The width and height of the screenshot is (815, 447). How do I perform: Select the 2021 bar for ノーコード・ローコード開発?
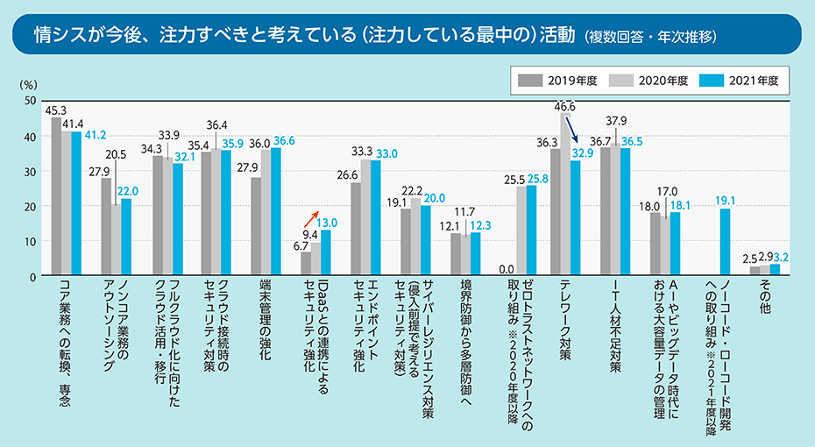coord(726,242)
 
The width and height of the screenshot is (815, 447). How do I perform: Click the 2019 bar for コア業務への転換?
coord(56,196)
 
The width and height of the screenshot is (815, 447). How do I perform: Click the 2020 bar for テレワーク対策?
coord(565,195)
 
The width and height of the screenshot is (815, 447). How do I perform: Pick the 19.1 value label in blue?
coord(725,199)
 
